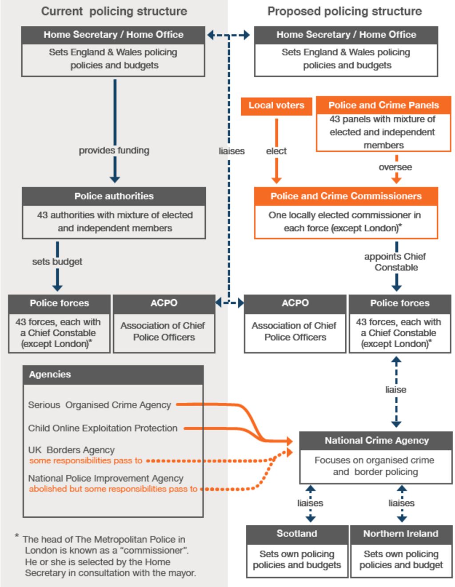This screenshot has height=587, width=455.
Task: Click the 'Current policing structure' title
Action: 114,12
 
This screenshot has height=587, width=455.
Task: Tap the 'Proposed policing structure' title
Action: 344,12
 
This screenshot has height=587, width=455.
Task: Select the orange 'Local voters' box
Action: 276,106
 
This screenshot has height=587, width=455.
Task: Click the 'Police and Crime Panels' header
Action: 383,105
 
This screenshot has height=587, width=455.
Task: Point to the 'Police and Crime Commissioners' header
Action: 346,196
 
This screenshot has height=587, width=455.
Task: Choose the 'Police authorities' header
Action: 114,196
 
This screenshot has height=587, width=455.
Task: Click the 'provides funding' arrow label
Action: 114,151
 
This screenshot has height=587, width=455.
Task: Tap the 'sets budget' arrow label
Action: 57,262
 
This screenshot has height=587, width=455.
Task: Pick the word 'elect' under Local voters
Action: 276,151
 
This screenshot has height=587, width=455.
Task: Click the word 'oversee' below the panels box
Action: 395,167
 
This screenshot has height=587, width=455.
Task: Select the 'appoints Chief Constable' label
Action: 395,262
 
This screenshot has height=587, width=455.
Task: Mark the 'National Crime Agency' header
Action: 376,440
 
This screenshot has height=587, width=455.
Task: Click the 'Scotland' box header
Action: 297,534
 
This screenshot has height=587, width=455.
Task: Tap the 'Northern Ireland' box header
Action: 401,534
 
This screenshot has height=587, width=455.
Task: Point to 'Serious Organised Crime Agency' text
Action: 100,405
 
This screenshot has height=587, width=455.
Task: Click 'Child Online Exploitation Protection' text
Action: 103,428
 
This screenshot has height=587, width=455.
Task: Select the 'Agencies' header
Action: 50,374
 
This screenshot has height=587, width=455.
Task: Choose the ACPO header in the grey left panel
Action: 164,303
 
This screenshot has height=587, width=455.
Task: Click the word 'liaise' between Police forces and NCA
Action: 395,389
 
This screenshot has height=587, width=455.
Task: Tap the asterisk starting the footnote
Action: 17,536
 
